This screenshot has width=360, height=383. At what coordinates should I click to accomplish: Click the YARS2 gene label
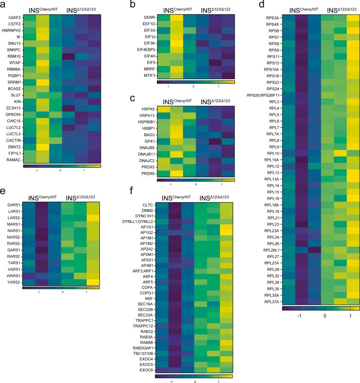click(14, 281)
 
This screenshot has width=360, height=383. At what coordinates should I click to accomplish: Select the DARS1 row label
click(14, 206)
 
